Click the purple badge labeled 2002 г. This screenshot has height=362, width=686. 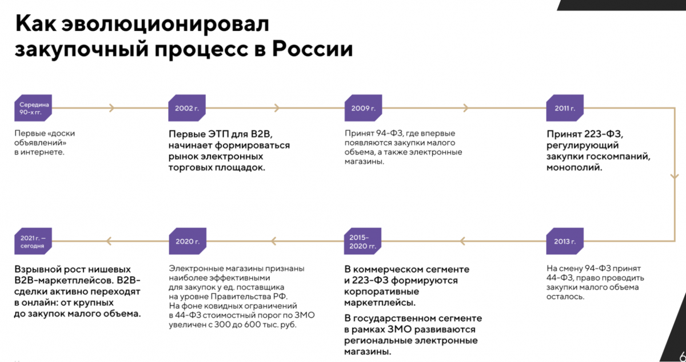coord(187,108)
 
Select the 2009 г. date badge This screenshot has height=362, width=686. coord(363,108)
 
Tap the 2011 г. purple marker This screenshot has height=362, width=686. coord(565,108)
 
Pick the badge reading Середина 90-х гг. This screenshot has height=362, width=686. coord(33,108)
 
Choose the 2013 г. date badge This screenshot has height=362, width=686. coord(565,241)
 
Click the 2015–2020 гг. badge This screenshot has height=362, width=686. coord(362,241)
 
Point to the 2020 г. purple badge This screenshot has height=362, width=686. coord(188,241)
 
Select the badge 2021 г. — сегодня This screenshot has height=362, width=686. coord(33,241)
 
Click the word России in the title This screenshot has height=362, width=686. coord(312,49)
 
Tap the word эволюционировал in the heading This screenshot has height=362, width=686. coord(165,24)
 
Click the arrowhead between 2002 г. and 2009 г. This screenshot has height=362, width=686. coord(277,108)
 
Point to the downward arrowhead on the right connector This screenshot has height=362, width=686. coord(675,177)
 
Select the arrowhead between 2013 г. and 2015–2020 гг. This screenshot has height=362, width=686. coord(462,241)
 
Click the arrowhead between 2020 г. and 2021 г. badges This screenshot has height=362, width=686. coord(109,241)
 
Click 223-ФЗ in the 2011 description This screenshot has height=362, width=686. coord(603,134)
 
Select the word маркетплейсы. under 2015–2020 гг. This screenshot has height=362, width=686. coord(380,303)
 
